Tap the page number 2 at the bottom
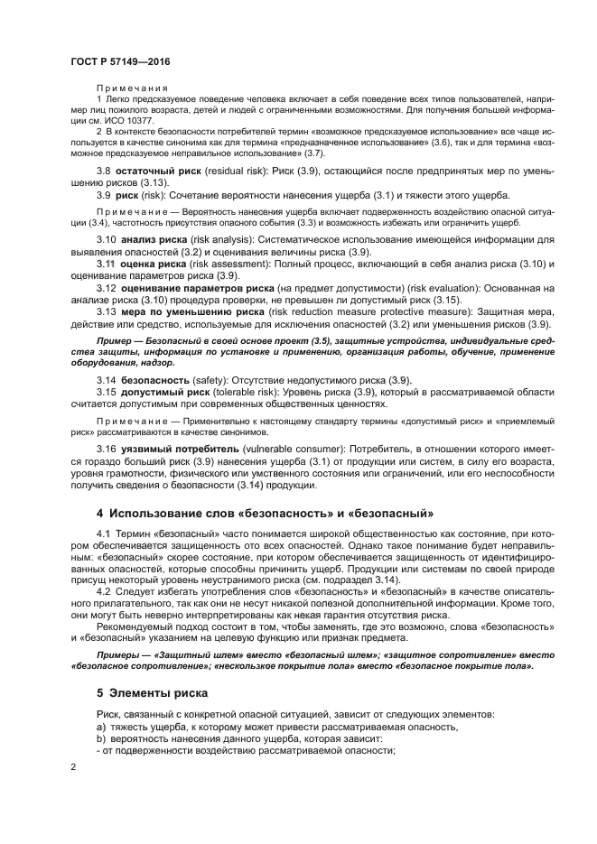pyautogui.click(x=73, y=766)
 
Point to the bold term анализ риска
pyautogui.click(x=150, y=239)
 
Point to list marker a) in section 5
pyautogui.click(x=100, y=727)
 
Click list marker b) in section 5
pyautogui.click(x=100, y=739)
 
